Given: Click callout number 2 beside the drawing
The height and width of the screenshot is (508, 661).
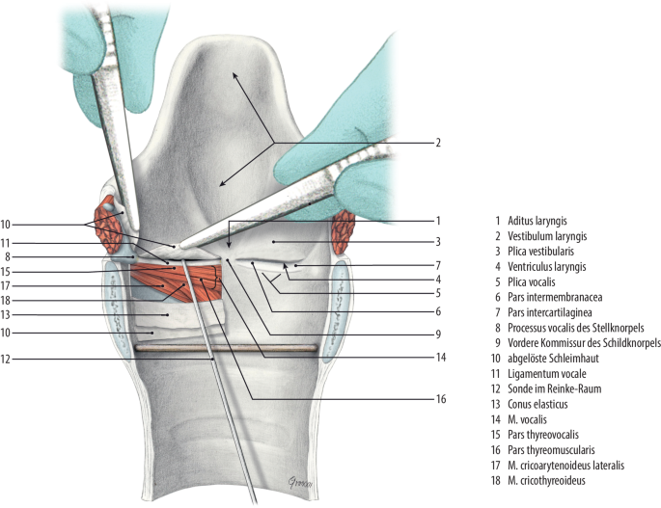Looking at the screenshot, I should pyautogui.click(x=437, y=143).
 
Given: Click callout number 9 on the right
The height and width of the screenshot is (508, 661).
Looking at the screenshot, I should pyautogui.click(x=437, y=334).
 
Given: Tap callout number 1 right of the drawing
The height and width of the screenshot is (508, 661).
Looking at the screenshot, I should pyautogui.click(x=437, y=221).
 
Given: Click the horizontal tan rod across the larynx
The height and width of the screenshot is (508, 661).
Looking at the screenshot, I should pyautogui.click(x=227, y=349).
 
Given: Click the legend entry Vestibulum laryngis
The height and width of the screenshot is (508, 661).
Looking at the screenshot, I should pyautogui.click(x=540, y=235).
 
